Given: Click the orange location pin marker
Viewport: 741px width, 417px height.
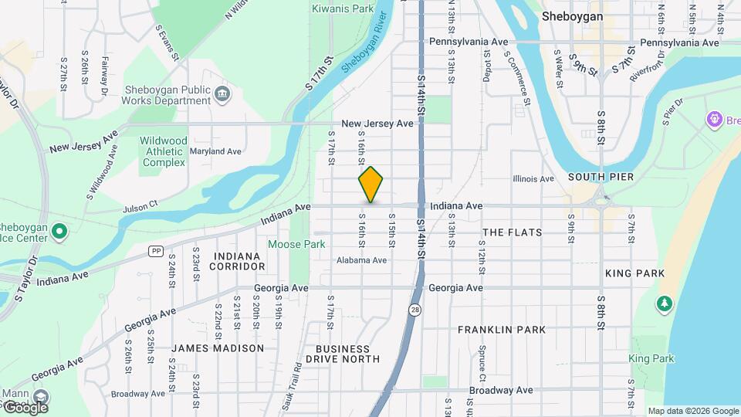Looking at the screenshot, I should pos(371,185).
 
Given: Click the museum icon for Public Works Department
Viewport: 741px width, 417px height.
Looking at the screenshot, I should pos(222,94).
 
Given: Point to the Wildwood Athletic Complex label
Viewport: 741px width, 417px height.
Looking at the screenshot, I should pos(163,151).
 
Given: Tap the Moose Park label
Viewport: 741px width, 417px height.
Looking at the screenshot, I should pos(296,244).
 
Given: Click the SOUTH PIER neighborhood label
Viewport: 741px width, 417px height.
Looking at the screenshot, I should pos(601,177).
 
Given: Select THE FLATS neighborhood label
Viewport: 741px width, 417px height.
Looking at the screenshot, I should pos(512,232).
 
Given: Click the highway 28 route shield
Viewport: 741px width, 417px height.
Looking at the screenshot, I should pos(415,310).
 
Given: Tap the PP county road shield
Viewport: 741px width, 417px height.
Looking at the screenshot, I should pos(157,251).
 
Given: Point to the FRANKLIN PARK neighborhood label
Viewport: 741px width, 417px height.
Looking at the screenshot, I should pos(502,330).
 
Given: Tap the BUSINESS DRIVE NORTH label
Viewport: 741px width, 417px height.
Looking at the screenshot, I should pos(343,354).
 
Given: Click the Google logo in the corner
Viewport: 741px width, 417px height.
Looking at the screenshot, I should pos(25,407).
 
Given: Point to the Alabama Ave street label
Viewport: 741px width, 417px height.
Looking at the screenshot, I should pos(361,260).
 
